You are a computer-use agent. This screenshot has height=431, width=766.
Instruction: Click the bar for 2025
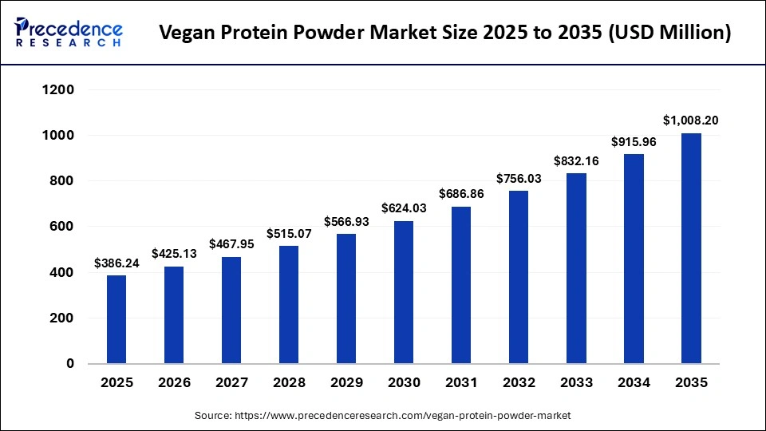(116, 319)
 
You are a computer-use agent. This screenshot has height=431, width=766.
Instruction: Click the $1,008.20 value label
(691, 121)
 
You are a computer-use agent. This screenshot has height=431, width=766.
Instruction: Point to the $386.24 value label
(116, 263)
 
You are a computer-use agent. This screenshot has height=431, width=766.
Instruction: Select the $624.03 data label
(404, 208)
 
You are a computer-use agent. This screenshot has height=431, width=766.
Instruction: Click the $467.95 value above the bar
(231, 244)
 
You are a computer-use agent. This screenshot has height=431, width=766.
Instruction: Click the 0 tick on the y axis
(69, 364)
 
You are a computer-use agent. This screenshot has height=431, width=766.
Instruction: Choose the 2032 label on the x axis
(519, 383)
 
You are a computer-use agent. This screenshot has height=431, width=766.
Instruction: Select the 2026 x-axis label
(174, 383)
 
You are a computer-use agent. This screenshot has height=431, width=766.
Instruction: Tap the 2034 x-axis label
(634, 383)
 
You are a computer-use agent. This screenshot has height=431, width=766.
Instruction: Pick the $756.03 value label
(519, 178)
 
